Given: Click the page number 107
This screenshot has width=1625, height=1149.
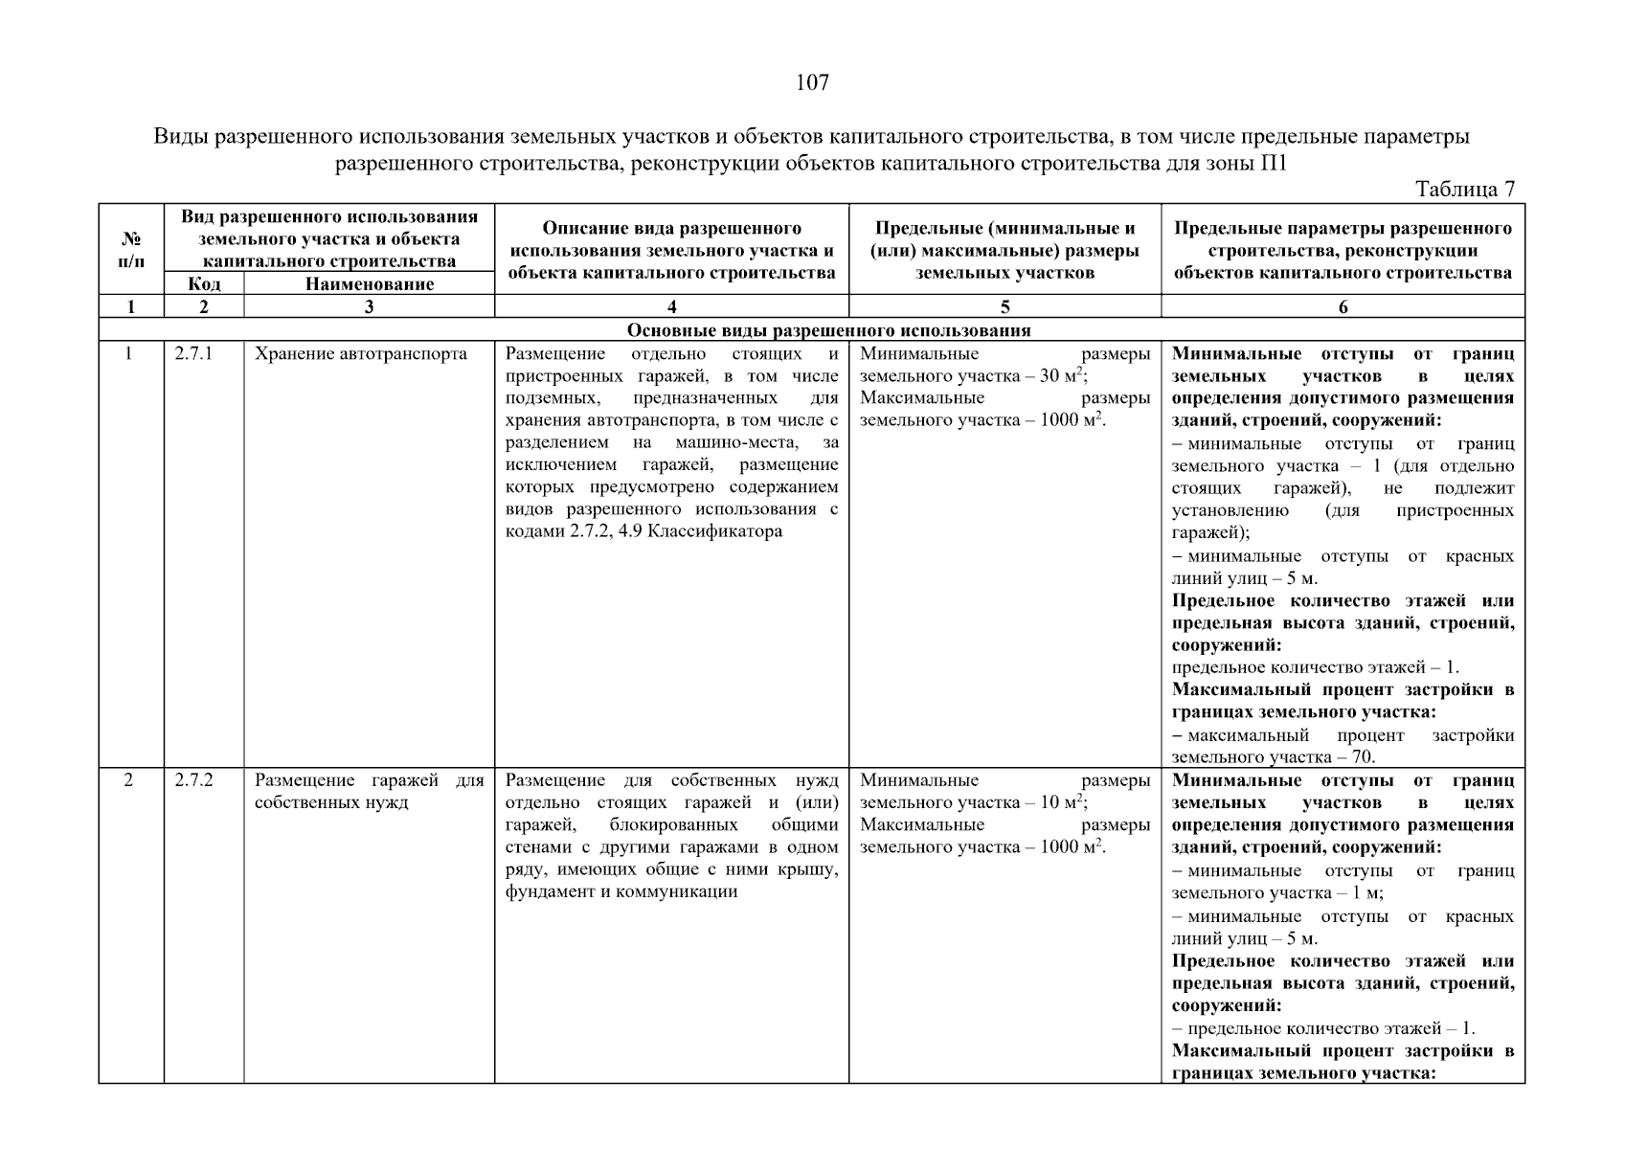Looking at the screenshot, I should (812, 83).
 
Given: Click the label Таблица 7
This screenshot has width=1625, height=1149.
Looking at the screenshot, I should (1464, 190).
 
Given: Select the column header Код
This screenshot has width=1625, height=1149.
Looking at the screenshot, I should (204, 283).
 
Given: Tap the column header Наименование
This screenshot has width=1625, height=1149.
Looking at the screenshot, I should (369, 283).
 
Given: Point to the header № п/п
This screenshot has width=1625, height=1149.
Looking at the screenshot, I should (131, 250).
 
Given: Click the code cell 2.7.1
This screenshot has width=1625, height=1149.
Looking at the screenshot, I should (193, 354).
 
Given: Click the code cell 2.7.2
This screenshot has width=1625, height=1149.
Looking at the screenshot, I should (193, 780).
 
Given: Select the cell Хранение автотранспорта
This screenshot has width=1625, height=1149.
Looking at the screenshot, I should (360, 354).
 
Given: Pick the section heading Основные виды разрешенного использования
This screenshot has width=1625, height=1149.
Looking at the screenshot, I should (828, 330).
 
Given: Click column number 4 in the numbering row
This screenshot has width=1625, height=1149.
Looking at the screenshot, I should (671, 306).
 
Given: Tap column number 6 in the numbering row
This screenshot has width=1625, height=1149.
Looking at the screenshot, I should (1343, 306).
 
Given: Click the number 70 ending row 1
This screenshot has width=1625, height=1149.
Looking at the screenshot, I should (1363, 757).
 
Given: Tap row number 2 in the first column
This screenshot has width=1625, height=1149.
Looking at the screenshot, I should (130, 780).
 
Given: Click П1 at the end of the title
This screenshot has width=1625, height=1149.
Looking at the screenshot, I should (1274, 163).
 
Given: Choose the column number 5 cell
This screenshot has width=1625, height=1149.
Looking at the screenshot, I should (1004, 306).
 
